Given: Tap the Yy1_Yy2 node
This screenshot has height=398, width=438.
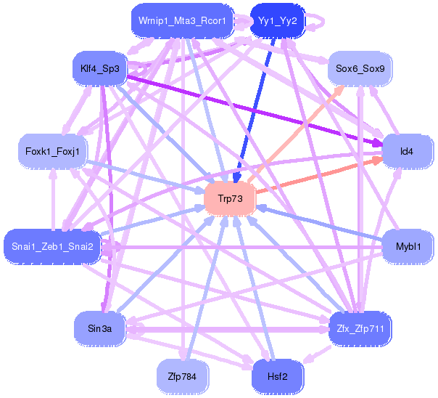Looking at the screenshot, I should coord(277,21).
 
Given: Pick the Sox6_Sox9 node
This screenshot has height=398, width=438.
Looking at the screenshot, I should coord(360,70).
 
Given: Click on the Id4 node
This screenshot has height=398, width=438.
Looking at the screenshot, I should coord(407,152).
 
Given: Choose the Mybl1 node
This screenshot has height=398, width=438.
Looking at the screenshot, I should coord(407,246).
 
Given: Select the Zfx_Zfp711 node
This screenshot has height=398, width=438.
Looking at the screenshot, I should coord(360,329).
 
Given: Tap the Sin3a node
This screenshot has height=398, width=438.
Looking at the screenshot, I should coord(100,329).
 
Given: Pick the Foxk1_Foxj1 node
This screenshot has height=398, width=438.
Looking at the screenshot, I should coord(51,152).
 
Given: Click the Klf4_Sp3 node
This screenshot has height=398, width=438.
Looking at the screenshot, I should coord(100,70).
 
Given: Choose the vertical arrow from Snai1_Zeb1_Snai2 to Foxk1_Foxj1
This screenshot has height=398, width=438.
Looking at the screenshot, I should coord(52,199).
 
